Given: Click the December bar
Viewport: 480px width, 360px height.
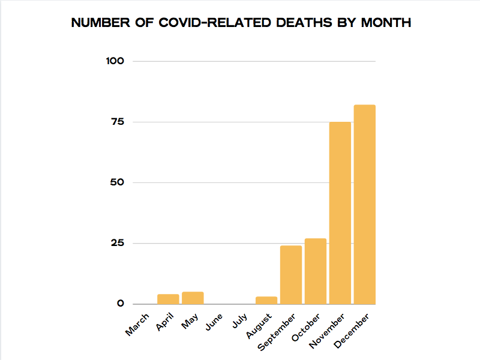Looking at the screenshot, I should pyautogui.click(x=364, y=204).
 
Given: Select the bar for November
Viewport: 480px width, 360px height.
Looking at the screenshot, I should pyautogui.click(x=340, y=213).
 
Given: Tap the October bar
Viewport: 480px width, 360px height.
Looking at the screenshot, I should pyautogui.click(x=315, y=271).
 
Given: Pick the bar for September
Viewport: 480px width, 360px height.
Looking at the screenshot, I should pyautogui.click(x=291, y=275).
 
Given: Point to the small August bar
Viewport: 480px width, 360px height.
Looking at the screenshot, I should pyautogui.click(x=266, y=300).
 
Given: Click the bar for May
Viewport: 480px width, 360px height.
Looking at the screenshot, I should pyautogui.click(x=193, y=298).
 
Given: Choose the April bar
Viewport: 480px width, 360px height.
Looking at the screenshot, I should pyautogui.click(x=168, y=299).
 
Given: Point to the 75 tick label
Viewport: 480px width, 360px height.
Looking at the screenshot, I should pyautogui.click(x=116, y=122).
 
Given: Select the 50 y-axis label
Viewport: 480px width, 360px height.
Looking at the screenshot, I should pyautogui.click(x=116, y=182).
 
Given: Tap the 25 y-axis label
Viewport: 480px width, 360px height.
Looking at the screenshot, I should pyautogui.click(x=116, y=243).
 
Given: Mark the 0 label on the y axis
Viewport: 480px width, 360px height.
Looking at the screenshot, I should pyautogui.click(x=121, y=304).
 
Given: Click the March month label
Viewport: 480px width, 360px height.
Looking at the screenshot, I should pyautogui.click(x=138, y=324).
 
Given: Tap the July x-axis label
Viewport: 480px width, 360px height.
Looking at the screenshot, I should pyautogui.click(x=239, y=321).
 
